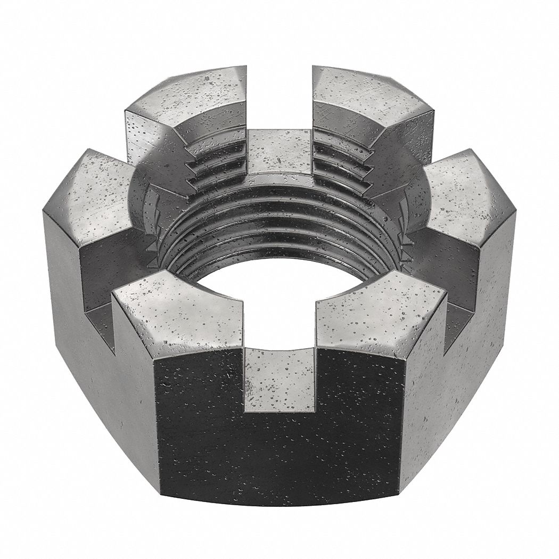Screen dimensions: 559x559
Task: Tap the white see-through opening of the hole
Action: (279, 298)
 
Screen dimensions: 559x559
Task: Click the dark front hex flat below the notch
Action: (279, 458)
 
